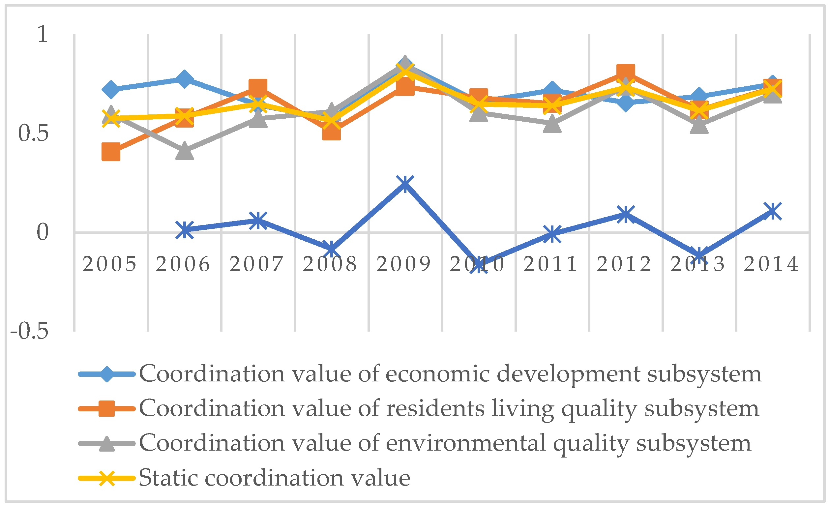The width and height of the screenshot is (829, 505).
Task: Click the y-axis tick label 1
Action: tap(43, 34)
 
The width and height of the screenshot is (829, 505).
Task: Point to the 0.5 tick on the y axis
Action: tap(33, 133)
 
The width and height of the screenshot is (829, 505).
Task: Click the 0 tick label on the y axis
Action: tap(43, 232)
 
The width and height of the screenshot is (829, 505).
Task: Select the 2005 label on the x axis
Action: tap(109, 264)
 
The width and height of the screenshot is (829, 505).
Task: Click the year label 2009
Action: tap(403, 264)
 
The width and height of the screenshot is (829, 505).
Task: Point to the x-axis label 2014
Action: tap(771, 264)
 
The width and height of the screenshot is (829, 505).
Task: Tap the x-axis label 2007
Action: tap(256, 264)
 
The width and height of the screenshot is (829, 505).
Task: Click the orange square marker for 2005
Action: tap(111, 152)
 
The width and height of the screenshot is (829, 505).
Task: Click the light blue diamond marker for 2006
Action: tap(184, 79)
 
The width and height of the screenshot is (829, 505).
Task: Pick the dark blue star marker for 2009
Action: tap(405, 184)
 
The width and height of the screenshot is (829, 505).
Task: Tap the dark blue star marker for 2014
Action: tap(773, 211)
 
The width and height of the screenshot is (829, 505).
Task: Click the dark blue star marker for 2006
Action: tap(185, 230)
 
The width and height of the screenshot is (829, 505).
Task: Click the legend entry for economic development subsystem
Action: tap(450, 374)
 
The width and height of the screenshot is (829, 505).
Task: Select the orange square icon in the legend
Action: tap(107, 408)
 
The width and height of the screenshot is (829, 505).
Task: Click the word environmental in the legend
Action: tap(466, 443)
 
